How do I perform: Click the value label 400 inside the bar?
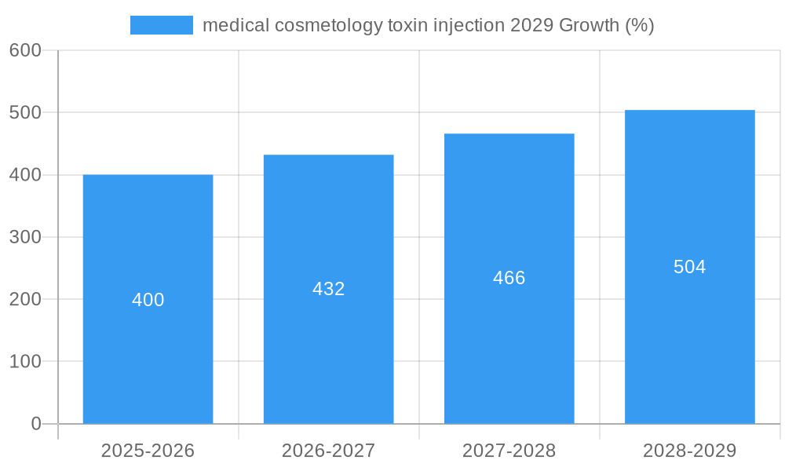click(148, 300)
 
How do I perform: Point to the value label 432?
click(328, 289)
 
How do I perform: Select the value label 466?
click(509, 278)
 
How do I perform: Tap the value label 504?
click(689, 267)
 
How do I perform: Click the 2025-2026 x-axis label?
click(148, 451)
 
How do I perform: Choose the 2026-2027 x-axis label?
click(328, 451)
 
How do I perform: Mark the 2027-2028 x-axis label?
click(509, 451)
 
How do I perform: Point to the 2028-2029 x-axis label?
click(689, 451)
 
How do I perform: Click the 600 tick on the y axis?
click(25, 50)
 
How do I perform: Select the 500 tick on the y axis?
click(25, 112)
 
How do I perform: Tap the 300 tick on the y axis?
click(25, 237)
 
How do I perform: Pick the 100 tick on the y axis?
click(25, 361)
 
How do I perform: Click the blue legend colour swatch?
click(161, 25)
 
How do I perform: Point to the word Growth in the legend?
click(588, 25)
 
